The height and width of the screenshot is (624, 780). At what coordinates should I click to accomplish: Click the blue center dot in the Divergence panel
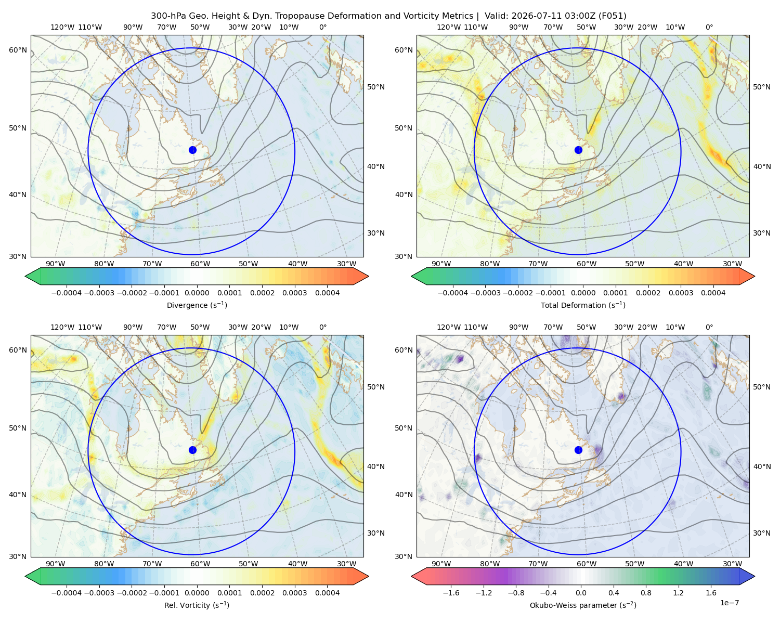coord(192,150)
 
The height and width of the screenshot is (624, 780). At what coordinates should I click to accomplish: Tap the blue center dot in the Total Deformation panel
coord(578,150)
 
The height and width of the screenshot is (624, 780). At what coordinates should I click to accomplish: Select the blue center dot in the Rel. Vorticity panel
coord(192,450)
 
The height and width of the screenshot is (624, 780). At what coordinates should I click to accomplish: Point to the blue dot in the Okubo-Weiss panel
coord(578,450)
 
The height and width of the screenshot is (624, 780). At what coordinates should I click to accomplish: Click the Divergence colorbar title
coord(197,305)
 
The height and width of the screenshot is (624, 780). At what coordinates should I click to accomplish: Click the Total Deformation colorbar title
coord(583,305)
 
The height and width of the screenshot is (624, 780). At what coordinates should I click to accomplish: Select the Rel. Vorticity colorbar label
coord(197,605)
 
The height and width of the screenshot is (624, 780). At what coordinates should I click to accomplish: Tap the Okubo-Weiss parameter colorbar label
coord(583,605)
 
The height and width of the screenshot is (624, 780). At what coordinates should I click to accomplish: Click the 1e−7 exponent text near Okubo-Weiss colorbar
coord(729,603)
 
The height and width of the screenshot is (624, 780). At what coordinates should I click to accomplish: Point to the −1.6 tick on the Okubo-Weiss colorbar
coord(451,592)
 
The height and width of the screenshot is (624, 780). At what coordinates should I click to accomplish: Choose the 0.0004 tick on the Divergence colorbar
coord(327,293)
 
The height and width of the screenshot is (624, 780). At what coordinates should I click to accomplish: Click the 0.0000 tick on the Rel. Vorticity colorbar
coord(197,592)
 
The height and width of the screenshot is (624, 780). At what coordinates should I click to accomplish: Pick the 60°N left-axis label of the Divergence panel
coord(18,50)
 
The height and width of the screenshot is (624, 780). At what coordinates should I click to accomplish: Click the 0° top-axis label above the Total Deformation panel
coord(709,27)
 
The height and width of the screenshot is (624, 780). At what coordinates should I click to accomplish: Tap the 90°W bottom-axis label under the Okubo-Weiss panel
coord(441,564)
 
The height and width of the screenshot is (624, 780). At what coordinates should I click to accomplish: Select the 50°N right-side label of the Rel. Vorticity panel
coord(376,386)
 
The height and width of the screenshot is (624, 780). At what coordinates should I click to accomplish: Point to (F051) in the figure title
coord(612,16)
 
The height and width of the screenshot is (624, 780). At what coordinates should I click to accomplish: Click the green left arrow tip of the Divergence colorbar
coord(25,276)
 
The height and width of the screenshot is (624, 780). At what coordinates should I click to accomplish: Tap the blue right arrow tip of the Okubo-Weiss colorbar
coord(755,576)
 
